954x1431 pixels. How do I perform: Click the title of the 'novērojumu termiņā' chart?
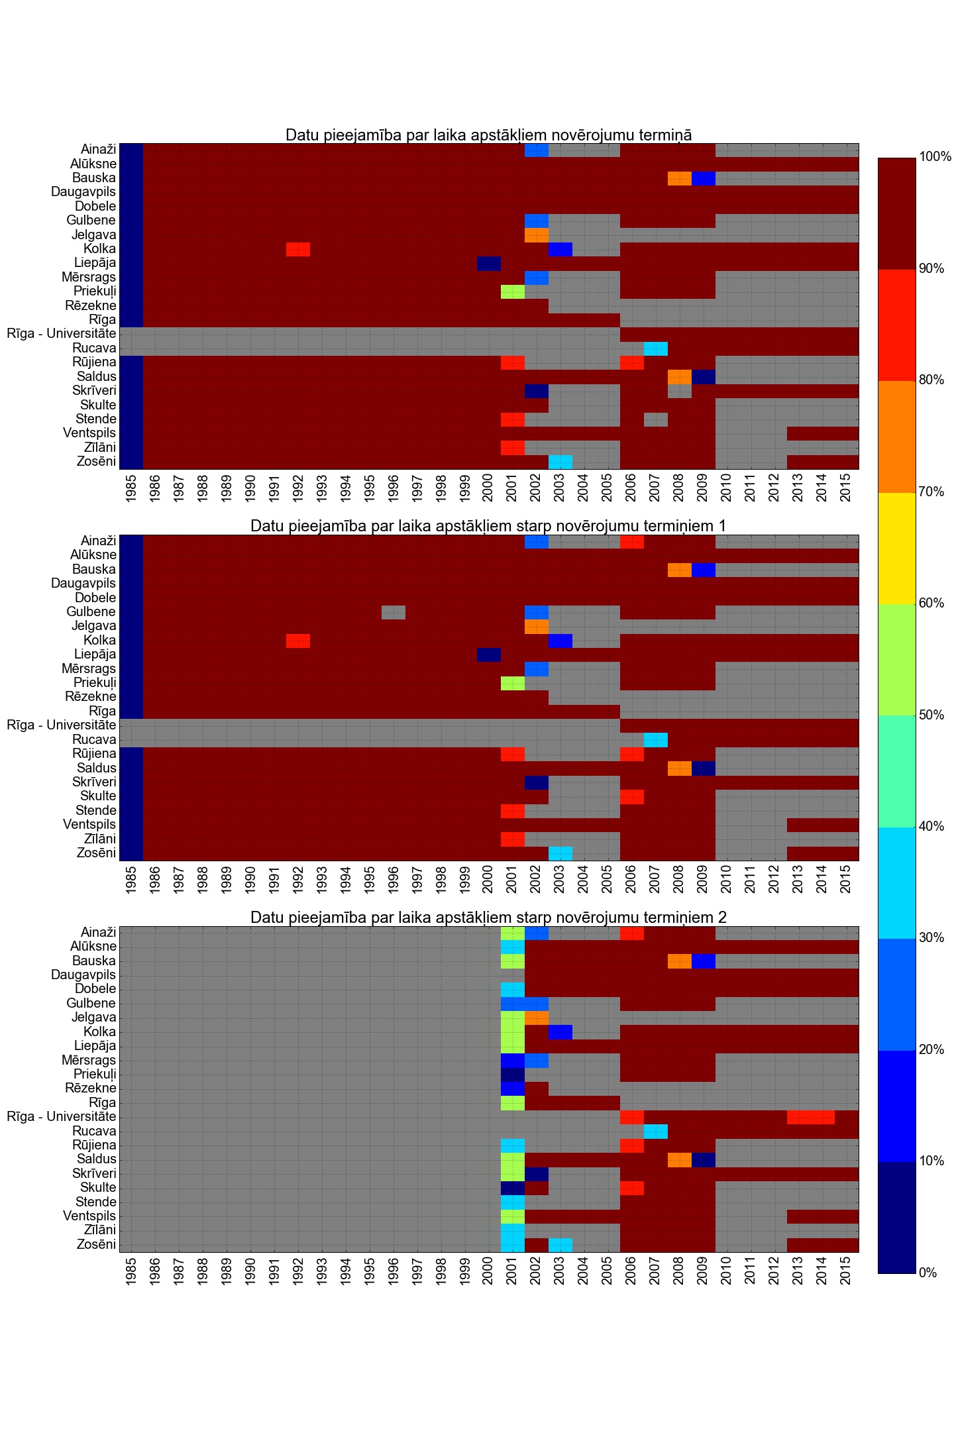[488, 135]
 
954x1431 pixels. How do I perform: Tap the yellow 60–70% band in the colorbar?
[896, 548]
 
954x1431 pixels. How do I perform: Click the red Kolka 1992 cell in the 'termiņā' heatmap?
[298, 249]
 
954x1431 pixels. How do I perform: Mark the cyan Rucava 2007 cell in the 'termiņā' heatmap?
[655, 348]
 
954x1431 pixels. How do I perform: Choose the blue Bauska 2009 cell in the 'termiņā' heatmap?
[703, 178]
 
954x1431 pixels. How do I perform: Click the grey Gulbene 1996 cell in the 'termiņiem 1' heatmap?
[394, 612]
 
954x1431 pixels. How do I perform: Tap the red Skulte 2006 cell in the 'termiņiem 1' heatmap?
[631, 796]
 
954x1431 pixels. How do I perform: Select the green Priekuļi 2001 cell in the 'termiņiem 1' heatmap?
[512, 683]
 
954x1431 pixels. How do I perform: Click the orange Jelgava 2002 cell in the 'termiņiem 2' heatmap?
[536, 1018]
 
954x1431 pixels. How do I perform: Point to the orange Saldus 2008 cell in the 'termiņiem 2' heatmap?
[679, 1159]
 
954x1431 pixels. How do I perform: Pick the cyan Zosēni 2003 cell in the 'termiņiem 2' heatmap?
[560, 1245]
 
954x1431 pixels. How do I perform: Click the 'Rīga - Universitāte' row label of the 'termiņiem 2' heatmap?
[62, 1117]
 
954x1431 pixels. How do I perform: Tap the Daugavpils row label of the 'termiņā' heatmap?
[83, 192]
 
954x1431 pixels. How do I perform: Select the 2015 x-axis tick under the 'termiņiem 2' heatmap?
[846, 1271]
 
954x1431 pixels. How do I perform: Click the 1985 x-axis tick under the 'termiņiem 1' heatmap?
[131, 880]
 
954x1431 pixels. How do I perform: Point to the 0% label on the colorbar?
[928, 1273]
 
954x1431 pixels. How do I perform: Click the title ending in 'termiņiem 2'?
[488, 918]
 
